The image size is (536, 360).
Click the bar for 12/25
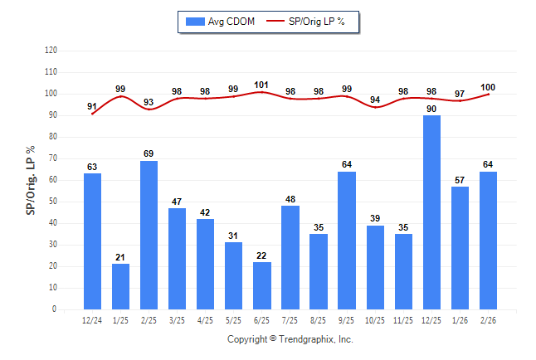pyautogui.click(x=431, y=212)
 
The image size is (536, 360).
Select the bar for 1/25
pyautogui.click(x=120, y=286)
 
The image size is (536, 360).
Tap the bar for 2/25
pyautogui.click(x=149, y=235)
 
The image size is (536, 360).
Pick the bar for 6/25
pyautogui.click(x=261, y=285)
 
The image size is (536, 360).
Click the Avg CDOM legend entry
pyautogui.click(x=222, y=22)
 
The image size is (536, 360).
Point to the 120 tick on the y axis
pyautogui.click(x=51, y=51)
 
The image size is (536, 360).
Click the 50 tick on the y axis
pyautogui.click(x=53, y=202)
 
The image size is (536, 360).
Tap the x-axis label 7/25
pyautogui.click(x=290, y=319)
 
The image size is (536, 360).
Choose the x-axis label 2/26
pyautogui.click(x=488, y=319)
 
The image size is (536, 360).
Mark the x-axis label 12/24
pyautogui.click(x=92, y=319)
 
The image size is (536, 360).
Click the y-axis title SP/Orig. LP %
pyautogui.click(x=31, y=179)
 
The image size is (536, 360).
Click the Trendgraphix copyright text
pyautogui.click(x=290, y=339)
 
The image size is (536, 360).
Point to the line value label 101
pyautogui.click(x=262, y=84)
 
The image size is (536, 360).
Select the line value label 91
pyautogui.click(x=92, y=105)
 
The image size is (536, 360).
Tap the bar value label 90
pyautogui.click(x=431, y=109)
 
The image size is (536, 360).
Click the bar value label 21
pyautogui.click(x=120, y=257)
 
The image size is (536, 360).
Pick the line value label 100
pyautogui.click(x=488, y=87)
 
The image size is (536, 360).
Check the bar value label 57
pyautogui.click(x=460, y=180)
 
